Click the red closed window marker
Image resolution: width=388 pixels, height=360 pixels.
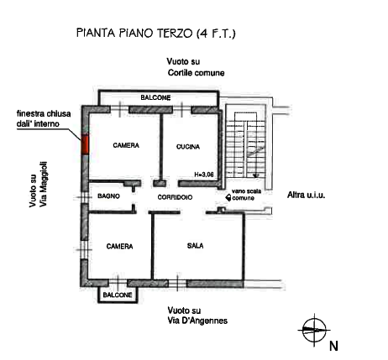pyautogui.click(x=85, y=144)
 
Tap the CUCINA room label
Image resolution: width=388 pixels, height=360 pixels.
pyautogui.click(x=188, y=147)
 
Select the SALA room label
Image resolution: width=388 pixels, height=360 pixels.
pyautogui.click(x=196, y=246)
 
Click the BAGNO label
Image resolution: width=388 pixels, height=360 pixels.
pyautogui.click(x=108, y=196)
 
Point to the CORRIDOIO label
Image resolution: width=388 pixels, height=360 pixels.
pyautogui.click(x=175, y=197)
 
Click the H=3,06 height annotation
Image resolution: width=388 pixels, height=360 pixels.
pyautogui.click(x=204, y=175)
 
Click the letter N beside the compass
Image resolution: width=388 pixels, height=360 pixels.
pyautogui.click(x=333, y=346)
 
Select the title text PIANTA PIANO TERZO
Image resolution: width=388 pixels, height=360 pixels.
pyautogui.click(x=134, y=33)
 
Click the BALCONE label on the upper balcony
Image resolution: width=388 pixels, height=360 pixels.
pyautogui.click(x=155, y=97)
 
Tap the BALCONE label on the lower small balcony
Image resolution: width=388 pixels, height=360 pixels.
pyautogui.click(x=118, y=295)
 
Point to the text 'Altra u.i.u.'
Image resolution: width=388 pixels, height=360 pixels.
pyautogui.click(x=307, y=195)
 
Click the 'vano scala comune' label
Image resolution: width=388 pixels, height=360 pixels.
pyautogui.click(x=244, y=195)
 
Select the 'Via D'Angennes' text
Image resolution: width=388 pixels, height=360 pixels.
pyautogui.click(x=197, y=321)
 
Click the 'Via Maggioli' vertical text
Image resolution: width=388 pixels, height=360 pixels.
pyautogui.click(x=44, y=185)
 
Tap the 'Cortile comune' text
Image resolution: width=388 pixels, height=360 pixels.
pyautogui.click(x=196, y=73)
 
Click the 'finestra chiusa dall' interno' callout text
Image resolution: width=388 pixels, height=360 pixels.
pyautogui.click(x=44, y=118)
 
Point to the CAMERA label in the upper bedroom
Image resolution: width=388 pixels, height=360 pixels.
pyautogui.click(x=126, y=145)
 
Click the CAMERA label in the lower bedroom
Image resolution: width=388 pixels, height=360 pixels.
pyautogui.click(x=119, y=247)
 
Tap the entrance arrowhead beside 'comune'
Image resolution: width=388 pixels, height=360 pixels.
pyautogui.click(x=228, y=198)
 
